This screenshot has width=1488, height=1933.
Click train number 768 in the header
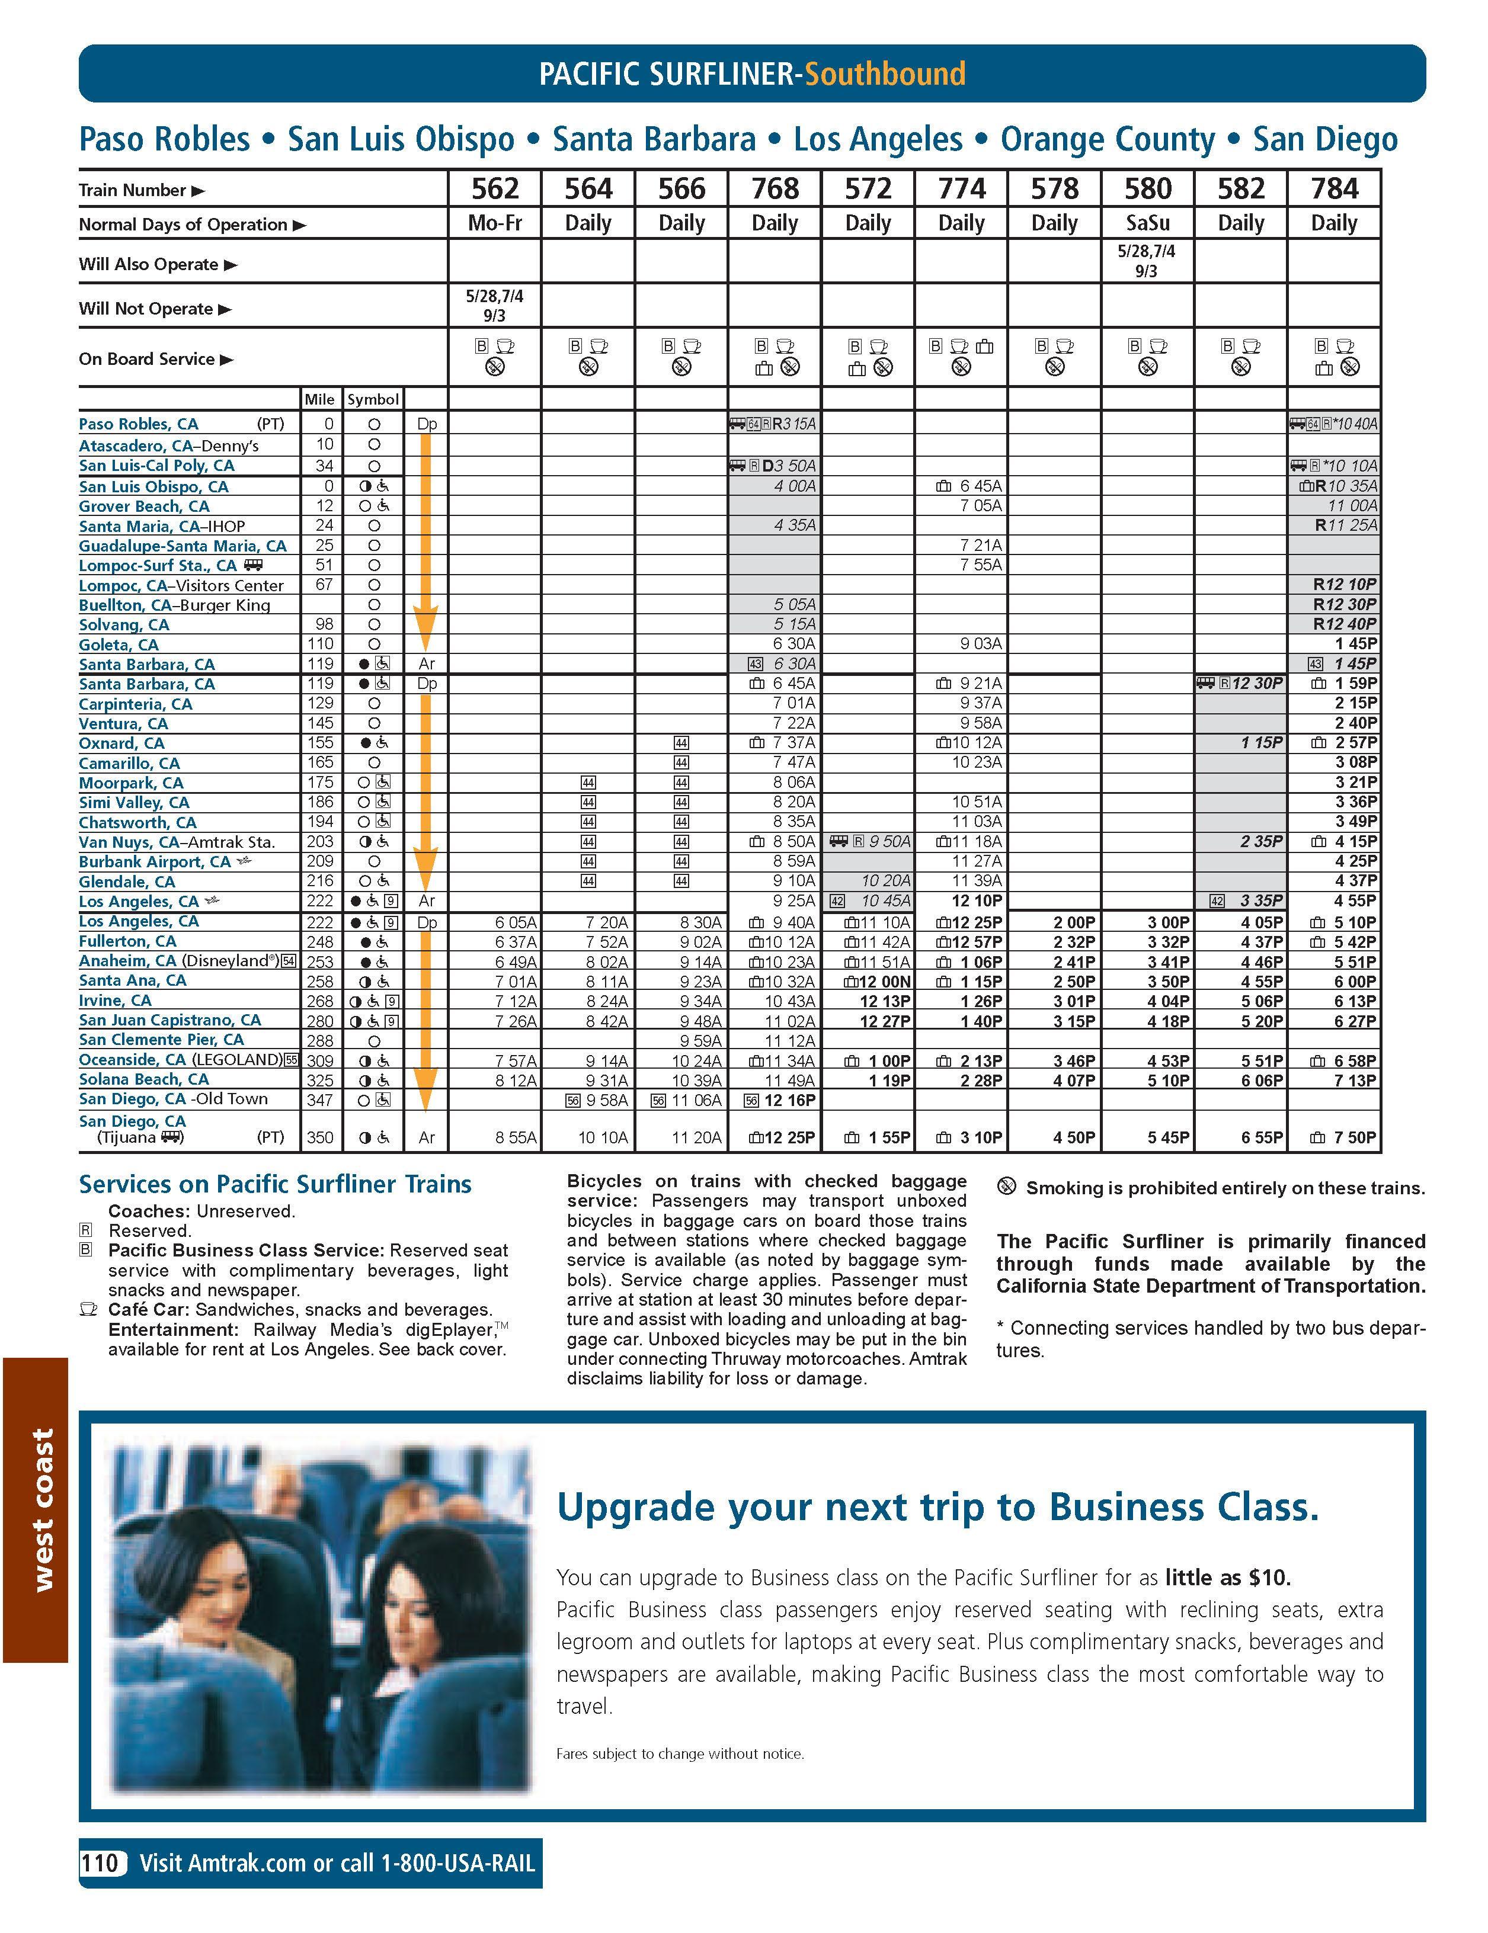click(775, 188)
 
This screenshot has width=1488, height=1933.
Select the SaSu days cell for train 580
click(1147, 223)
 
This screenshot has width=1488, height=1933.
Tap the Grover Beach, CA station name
click(144, 507)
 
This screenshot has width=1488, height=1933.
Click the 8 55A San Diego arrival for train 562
click(515, 1137)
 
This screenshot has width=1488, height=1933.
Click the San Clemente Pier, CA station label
click(161, 1040)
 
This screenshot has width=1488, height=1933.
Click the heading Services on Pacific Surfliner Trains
click(276, 1184)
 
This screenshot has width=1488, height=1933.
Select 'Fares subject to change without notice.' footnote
click(680, 1754)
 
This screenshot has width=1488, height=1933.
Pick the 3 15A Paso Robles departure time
click(794, 424)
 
